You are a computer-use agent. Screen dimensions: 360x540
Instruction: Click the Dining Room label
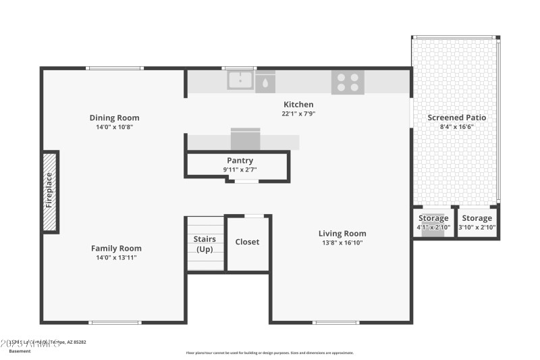point(115,118)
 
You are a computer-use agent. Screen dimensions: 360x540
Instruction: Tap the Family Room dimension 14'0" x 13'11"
point(116,257)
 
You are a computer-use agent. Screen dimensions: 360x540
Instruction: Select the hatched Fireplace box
point(50,191)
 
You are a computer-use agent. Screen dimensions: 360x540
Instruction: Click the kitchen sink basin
point(240,80)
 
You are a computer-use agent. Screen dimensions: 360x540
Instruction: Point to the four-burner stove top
point(348,82)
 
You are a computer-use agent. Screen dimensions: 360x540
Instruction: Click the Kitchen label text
point(298,105)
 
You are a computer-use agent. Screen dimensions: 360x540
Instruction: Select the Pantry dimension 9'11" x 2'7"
point(240,170)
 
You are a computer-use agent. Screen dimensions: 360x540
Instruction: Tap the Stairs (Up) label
point(205,245)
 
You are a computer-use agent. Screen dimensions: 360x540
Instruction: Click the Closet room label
point(247,242)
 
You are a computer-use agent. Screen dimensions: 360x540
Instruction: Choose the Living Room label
point(342,234)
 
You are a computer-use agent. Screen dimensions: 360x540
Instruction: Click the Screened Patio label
point(457,118)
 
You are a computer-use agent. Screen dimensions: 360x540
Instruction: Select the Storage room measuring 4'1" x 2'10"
point(433,222)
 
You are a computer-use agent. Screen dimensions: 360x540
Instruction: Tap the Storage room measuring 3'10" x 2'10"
point(477,222)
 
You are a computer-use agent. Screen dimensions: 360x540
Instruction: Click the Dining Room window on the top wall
point(115,68)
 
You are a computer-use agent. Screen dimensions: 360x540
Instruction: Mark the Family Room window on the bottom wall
point(115,322)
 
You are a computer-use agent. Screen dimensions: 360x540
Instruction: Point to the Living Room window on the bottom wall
point(336,322)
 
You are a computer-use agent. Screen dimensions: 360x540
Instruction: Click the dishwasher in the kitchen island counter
point(246,139)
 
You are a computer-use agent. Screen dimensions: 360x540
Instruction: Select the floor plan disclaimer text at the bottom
point(269,353)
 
